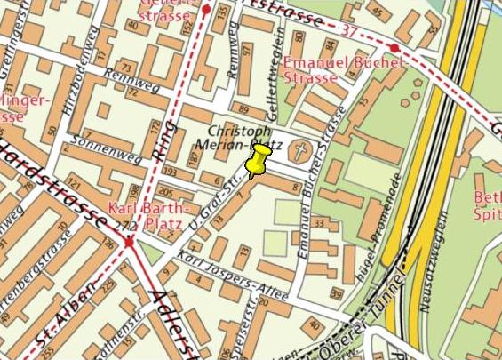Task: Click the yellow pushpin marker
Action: (x=258, y=162)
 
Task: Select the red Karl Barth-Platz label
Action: (x=144, y=216)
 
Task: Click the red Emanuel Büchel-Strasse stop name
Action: (x=345, y=70)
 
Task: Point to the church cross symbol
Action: (x=303, y=148)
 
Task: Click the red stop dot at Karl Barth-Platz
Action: (x=130, y=241)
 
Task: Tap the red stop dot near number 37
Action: (x=394, y=48)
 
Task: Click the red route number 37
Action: (x=347, y=31)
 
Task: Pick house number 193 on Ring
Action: (x=169, y=171)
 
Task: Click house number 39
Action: (x=336, y=293)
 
